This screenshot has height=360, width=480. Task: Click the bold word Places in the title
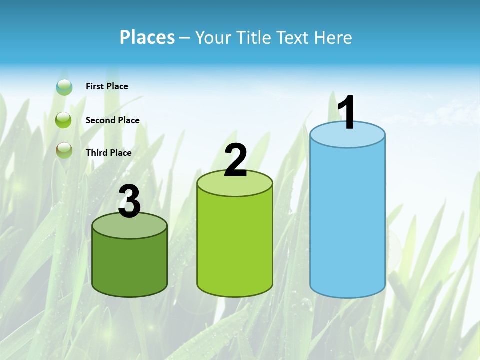point(147,37)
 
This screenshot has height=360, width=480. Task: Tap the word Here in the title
point(334,37)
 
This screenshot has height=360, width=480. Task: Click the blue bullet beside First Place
point(64,87)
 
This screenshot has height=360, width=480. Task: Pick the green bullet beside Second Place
point(64,120)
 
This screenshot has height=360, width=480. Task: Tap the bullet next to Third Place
point(64,150)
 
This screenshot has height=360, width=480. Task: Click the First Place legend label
point(107,86)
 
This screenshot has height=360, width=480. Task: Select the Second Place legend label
point(112,120)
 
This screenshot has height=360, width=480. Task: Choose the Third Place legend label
point(108,153)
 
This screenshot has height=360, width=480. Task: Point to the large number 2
point(235,160)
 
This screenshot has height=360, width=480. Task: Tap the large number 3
point(130,202)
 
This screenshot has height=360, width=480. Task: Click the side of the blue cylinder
point(347,220)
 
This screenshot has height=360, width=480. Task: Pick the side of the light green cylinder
point(235,245)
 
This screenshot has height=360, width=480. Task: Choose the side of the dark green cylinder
point(130,265)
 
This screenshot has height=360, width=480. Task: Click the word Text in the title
point(295,37)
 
